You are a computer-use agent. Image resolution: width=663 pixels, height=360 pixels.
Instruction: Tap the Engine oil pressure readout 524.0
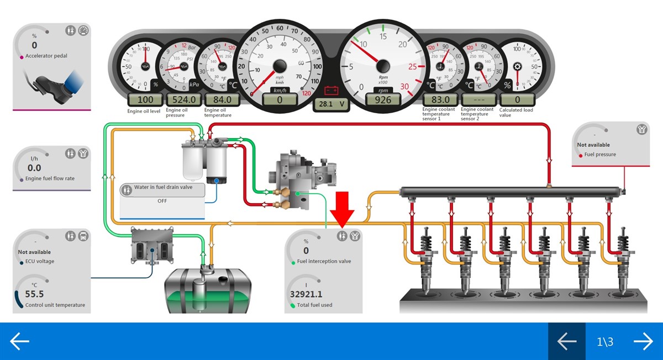[185, 100]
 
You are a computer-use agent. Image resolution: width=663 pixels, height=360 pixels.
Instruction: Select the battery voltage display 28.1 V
[332, 104]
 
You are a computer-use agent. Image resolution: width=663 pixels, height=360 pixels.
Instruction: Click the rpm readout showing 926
[383, 100]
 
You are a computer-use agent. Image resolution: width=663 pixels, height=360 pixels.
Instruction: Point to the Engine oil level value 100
[145, 100]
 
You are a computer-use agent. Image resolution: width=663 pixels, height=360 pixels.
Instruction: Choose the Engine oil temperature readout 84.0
[222, 100]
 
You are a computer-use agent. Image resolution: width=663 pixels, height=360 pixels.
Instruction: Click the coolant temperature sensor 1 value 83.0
[440, 100]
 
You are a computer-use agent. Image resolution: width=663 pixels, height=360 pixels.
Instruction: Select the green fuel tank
[208, 290]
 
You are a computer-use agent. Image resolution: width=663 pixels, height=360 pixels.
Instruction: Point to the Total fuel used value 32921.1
[306, 294]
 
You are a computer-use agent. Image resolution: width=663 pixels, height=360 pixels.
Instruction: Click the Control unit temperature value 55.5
[34, 294]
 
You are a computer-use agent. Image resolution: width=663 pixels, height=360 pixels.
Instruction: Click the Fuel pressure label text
[600, 155]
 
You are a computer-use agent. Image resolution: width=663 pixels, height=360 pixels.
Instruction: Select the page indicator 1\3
[605, 342]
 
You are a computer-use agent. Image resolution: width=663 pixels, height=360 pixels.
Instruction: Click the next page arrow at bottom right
[643, 342]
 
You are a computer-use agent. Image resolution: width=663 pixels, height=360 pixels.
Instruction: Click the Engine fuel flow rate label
[50, 179]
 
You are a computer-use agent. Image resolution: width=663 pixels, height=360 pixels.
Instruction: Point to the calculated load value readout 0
[518, 100]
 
